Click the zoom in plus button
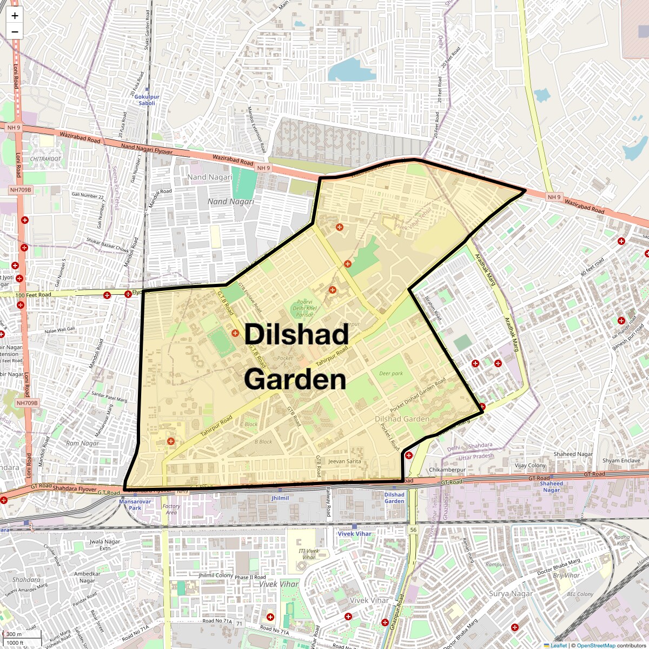pos(15,16)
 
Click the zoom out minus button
pos(15,32)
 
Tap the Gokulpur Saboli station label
pos(147,100)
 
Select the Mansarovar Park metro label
pos(130,505)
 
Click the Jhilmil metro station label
pos(280,498)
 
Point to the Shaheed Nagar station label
pos(552,487)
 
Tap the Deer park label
pos(391,374)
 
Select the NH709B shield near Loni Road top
pos(21,190)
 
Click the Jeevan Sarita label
pos(345,461)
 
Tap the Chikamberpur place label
pos(447,470)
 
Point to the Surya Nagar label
pos(511,594)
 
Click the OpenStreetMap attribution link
pos(595,645)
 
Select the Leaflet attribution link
pos(559,645)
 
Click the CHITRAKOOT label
pos(46,159)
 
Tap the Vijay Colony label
pos(530,466)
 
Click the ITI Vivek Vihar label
pos(309,554)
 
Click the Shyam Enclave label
pos(621,461)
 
